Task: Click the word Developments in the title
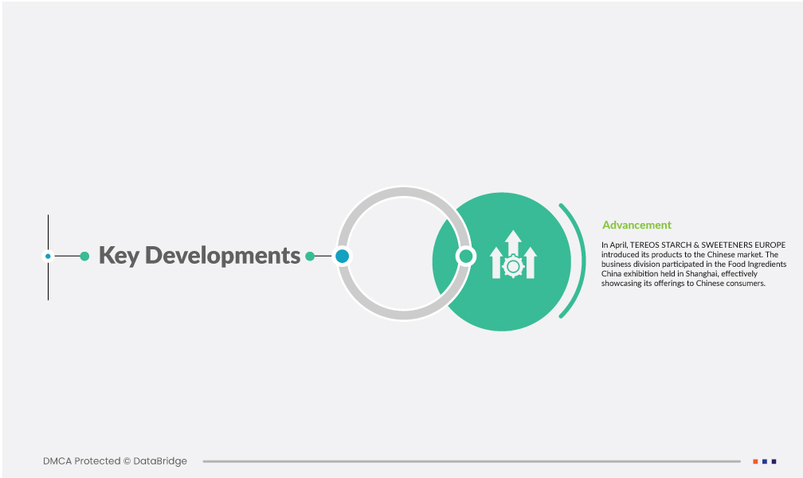point(223,255)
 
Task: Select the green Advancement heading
point(637,225)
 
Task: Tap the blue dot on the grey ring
point(342,257)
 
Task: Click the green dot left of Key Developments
point(84,257)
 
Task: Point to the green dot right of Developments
point(310,257)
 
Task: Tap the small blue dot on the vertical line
point(48,257)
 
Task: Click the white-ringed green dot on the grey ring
point(465,257)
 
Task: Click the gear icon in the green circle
point(513,267)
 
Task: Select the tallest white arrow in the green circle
point(513,243)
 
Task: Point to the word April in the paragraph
point(619,245)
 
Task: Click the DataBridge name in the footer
point(160,461)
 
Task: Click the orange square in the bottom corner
point(755,461)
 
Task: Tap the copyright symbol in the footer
point(127,461)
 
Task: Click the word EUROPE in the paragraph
point(770,245)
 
